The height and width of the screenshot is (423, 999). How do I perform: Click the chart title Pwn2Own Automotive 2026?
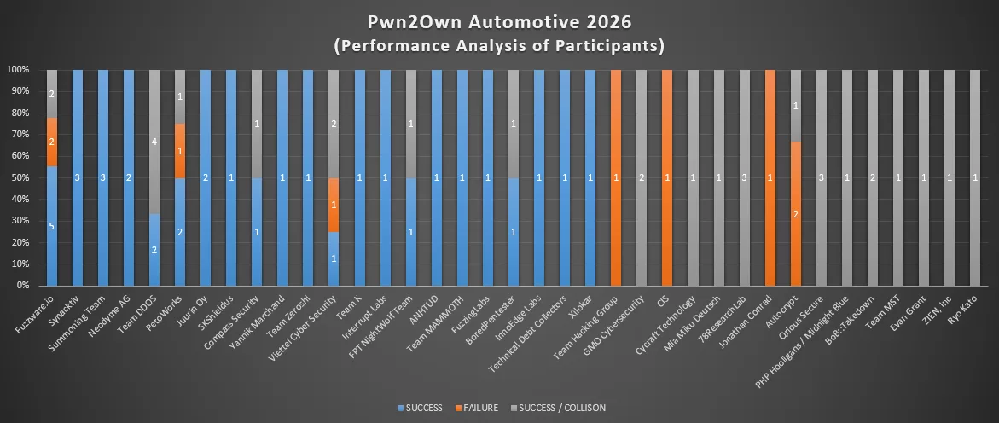499,21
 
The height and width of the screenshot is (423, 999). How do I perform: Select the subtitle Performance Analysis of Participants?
499,45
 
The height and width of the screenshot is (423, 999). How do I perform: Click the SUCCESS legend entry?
420,408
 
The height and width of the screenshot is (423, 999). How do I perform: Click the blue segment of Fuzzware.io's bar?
52,226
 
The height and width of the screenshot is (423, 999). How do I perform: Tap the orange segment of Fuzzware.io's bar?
52,142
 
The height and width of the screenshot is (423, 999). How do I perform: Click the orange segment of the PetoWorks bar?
180,151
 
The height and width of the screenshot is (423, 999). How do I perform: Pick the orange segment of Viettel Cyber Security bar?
334,205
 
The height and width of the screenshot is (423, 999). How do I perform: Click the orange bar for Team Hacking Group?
616,177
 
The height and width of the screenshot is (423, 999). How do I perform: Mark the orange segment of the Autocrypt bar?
795,213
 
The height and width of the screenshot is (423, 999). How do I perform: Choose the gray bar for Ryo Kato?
974,177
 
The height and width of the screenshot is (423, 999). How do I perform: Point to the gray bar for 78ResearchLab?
744,177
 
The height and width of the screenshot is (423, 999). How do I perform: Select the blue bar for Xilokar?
590,177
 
